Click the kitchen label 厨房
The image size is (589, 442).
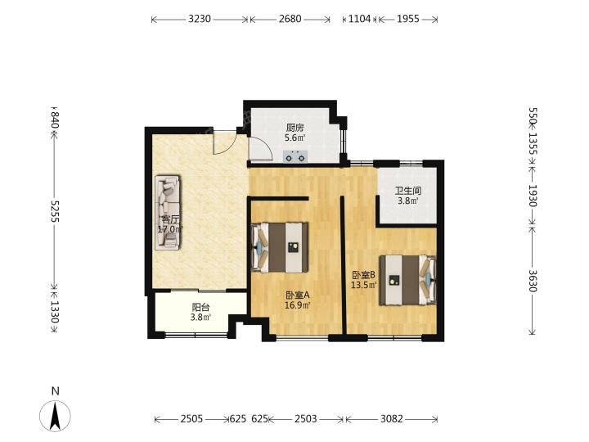[294, 128]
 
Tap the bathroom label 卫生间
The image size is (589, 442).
[407, 191]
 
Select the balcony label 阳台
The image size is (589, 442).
[200, 308]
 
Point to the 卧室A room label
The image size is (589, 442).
[298, 295]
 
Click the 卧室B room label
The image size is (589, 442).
[363, 275]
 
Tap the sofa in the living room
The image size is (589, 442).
[168, 212]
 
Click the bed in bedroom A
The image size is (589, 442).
[280, 247]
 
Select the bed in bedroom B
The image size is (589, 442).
[407, 280]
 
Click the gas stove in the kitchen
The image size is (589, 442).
[294, 156]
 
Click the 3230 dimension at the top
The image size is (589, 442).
[200, 19]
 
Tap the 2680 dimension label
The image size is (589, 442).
[290, 19]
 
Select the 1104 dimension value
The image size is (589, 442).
[359, 19]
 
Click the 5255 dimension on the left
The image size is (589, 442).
[56, 211]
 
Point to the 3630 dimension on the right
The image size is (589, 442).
[533, 281]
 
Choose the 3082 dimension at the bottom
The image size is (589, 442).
[392, 419]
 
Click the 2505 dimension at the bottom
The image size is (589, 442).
[191, 419]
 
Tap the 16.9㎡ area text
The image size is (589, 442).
[298, 305]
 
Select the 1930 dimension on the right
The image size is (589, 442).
[533, 196]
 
